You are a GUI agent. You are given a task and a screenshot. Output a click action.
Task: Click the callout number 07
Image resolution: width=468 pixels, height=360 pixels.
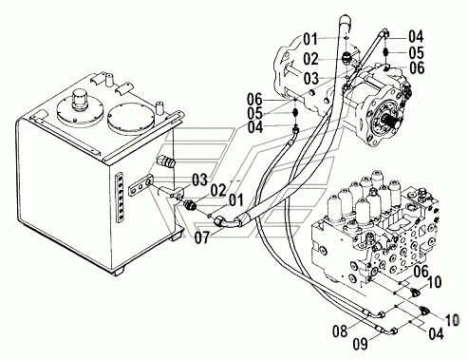click(x=202, y=237)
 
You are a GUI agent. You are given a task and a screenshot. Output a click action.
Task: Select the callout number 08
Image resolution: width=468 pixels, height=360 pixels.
click(x=340, y=331)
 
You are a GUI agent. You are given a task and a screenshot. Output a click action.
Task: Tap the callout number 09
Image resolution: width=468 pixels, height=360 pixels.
click(x=361, y=344)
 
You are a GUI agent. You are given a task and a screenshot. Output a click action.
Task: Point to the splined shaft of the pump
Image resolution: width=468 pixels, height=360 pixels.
click(x=392, y=123)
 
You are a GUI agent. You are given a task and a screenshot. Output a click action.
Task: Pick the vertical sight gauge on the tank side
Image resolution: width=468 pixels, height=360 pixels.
click(x=120, y=198)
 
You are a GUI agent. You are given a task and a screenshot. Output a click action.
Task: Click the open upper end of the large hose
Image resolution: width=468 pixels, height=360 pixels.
click(x=345, y=22)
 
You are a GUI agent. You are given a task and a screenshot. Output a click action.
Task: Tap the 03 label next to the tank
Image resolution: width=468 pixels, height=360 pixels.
click(x=199, y=180)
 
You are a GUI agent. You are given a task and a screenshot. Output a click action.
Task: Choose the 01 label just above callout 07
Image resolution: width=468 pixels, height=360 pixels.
click(x=236, y=200)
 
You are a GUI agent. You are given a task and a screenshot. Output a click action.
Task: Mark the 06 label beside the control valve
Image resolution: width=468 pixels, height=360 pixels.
click(x=421, y=271)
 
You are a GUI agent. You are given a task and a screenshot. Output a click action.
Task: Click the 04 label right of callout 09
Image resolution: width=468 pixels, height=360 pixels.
click(x=436, y=333)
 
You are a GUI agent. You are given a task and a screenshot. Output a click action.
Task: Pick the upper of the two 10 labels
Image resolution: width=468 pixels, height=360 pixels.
click(x=434, y=282)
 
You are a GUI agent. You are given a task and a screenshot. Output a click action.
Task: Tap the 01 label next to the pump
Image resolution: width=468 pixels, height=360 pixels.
click(x=310, y=40)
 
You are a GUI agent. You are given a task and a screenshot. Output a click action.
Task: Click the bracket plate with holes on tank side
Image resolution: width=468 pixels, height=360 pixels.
click(x=141, y=186)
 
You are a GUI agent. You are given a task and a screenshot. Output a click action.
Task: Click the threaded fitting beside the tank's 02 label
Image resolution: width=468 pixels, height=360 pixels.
click(x=191, y=205)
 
